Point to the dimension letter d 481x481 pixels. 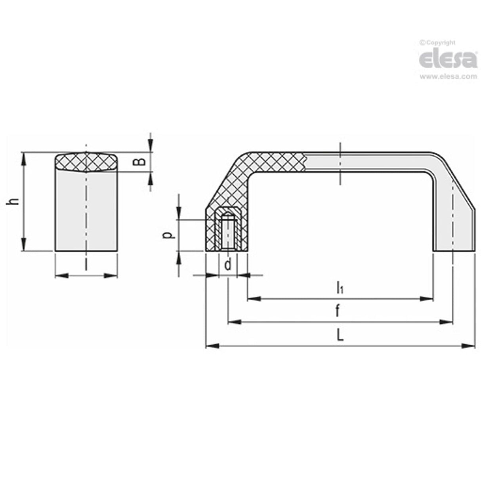tap(228, 264)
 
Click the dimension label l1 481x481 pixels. tap(340, 288)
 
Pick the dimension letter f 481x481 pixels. tap(337, 312)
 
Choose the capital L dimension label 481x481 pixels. tap(340, 336)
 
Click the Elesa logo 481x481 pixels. tap(448, 59)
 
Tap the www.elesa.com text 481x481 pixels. tap(448, 77)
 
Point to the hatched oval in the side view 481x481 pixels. tap(86, 162)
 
